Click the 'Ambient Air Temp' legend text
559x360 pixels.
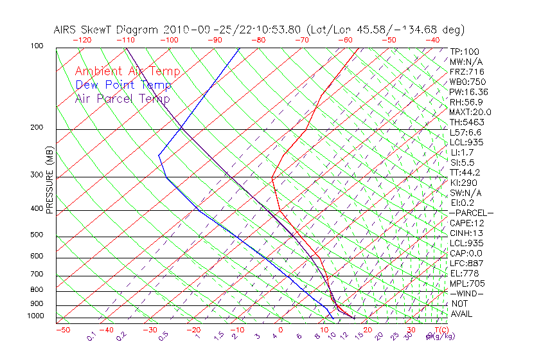(x=127, y=71)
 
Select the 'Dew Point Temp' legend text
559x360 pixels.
(x=123, y=85)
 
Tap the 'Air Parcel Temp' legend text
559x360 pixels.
(x=123, y=98)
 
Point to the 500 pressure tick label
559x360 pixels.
(x=36, y=235)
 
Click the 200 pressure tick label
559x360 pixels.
(x=36, y=128)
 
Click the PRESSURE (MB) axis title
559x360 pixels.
(x=49, y=181)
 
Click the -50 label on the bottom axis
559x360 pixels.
(x=62, y=330)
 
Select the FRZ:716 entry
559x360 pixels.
(x=467, y=71)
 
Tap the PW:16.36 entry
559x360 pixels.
(x=469, y=92)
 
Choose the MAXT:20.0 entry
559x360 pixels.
(x=471, y=112)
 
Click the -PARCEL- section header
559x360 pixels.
(x=472, y=213)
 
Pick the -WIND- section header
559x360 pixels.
(x=467, y=294)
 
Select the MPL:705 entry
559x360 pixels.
(x=467, y=283)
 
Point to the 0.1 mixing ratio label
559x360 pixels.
(x=92, y=336)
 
